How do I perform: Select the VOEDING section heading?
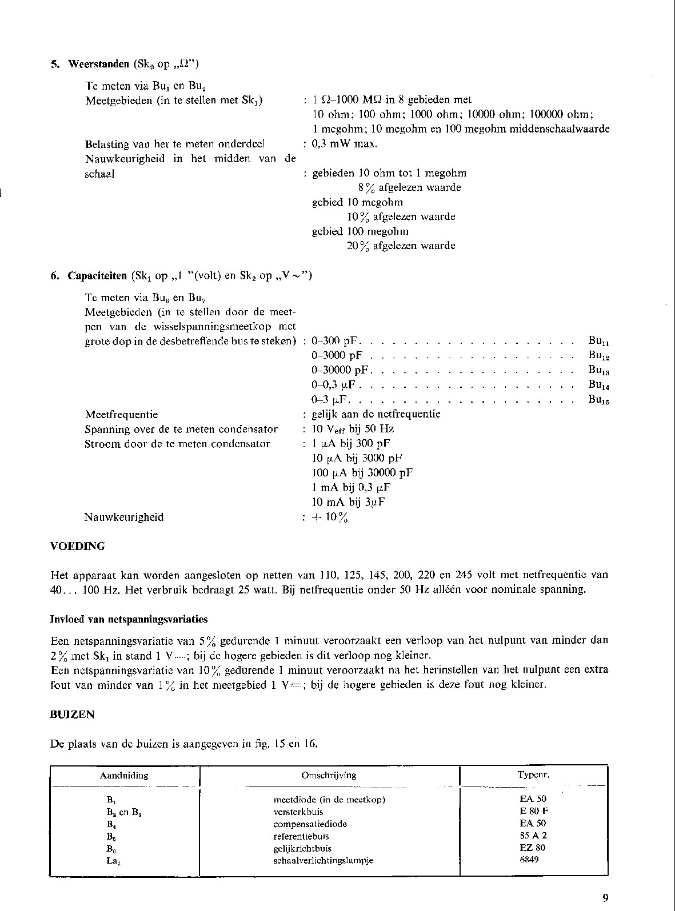tap(78, 546)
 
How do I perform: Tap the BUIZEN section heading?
tap(72, 715)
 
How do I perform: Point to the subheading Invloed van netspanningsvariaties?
tap(129, 619)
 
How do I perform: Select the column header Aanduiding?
tap(124, 775)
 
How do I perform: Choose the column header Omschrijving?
tap(329, 775)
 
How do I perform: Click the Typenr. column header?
tap(533, 775)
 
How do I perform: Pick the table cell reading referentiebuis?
tap(301, 836)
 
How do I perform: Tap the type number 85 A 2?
tap(533, 836)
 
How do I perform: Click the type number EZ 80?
tap(533, 848)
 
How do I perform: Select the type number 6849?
tap(533, 860)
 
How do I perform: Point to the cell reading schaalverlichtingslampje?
tap(323, 861)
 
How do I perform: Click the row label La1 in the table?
tap(113, 861)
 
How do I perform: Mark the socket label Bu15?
tap(598, 400)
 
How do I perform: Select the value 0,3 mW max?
tap(345, 143)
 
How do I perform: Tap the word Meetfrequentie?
tap(121, 414)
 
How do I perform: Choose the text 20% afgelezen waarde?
tap(401, 246)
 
